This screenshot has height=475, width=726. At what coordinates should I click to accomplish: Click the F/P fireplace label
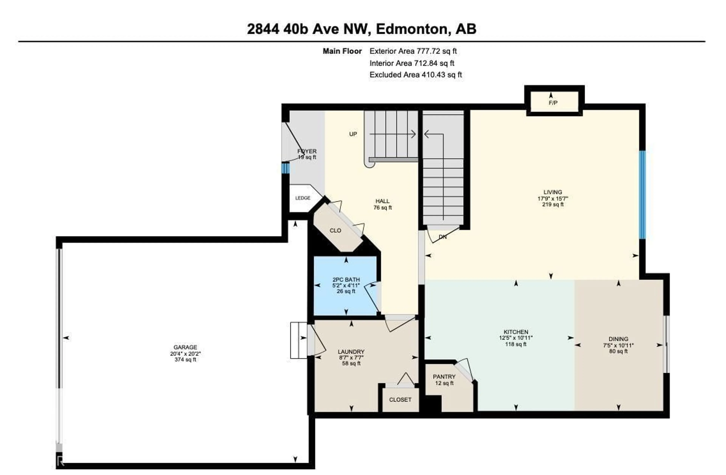click(553, 103)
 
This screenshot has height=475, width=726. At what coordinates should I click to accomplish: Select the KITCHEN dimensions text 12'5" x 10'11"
click(516, 338)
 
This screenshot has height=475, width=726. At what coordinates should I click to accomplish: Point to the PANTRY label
click(444, 377)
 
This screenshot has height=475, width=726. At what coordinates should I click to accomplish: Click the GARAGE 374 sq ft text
click(185, 360)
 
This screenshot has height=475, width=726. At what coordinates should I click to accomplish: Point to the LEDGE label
click(303, 198)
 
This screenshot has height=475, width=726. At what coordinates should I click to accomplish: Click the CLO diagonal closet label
click(335, 231)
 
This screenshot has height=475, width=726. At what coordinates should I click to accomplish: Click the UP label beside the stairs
click(353, 134)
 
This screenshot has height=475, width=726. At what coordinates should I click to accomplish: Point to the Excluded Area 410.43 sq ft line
click(416, 75)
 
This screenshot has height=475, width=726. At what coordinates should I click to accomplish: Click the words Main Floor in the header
click(342, 51)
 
